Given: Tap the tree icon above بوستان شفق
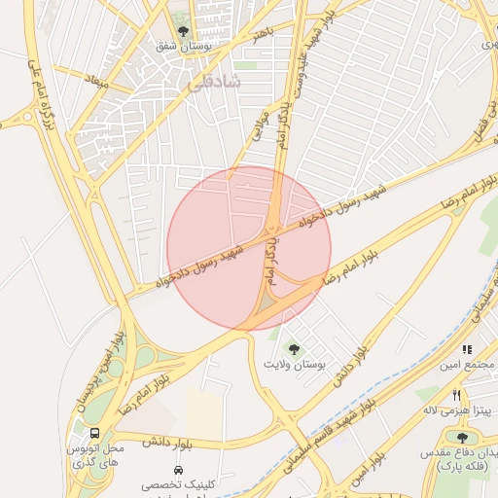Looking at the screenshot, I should pos(182,31).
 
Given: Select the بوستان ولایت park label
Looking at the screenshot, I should pos(292,364).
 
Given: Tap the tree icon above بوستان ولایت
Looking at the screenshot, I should pos(293,348).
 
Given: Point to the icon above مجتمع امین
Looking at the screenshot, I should pos(468,349).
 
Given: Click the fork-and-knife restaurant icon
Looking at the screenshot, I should pos(457,395).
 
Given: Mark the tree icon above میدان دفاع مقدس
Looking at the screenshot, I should pos(462,438).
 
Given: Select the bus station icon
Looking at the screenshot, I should pos(94,434).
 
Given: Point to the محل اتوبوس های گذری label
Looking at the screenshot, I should pos(94,454).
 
